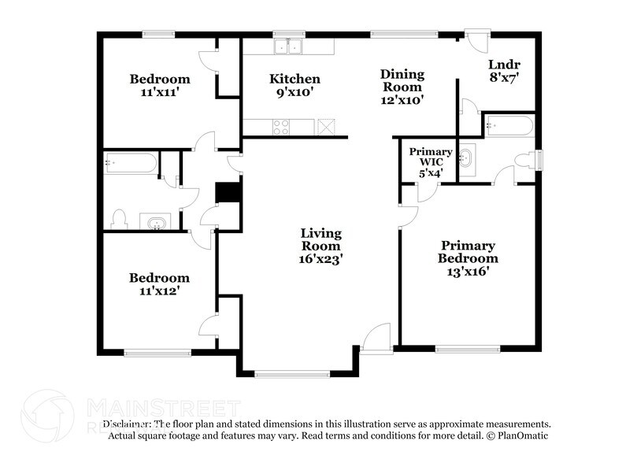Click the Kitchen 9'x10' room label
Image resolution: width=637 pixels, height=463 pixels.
(294, 85)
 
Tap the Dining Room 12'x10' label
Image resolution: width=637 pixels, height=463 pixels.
(402, 87)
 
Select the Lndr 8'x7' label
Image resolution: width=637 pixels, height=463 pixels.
(503, 71)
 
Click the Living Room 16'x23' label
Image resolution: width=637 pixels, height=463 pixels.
(320, 245)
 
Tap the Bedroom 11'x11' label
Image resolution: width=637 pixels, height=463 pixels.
(160, 85)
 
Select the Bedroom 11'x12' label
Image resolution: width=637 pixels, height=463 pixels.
(160, 284)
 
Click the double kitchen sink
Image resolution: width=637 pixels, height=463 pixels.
(287, 48)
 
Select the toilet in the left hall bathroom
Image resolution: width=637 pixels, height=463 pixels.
(119, 217)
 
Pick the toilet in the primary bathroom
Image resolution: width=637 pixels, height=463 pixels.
(524, 160)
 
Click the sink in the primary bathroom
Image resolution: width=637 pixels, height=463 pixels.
(468, 159)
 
